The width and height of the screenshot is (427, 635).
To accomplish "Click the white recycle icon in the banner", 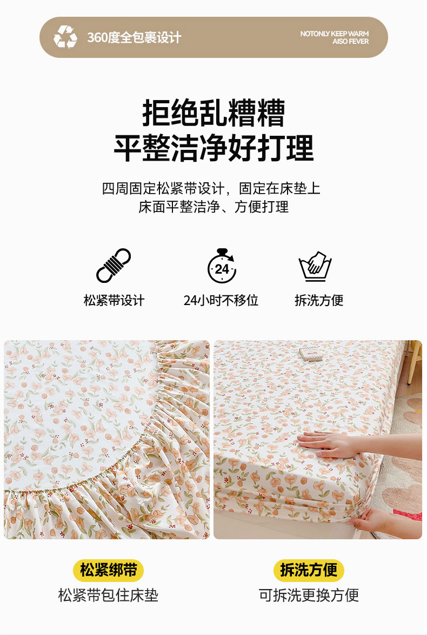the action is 65,37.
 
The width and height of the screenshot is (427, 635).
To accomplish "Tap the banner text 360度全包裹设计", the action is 135,38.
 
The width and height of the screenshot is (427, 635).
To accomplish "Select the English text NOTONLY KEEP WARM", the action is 335,34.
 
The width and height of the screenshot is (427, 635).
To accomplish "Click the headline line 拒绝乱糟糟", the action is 213,113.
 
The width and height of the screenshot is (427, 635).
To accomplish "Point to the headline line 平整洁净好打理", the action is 213,148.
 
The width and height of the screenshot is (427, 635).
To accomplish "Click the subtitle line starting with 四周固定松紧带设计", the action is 211,188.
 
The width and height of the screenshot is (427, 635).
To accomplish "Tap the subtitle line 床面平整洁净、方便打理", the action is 213,207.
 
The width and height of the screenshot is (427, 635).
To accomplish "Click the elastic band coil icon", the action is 114,265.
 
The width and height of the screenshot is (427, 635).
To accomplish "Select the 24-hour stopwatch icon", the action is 222,266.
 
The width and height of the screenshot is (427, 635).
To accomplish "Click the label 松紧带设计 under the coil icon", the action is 114,300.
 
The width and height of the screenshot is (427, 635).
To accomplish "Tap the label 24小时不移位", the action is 221,300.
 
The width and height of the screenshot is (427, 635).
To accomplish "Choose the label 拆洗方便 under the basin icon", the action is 319,300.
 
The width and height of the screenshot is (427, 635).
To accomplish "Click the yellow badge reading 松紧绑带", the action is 108,570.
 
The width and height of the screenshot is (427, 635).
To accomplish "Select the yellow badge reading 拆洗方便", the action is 309,570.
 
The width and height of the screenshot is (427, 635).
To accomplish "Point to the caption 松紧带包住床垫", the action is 108,596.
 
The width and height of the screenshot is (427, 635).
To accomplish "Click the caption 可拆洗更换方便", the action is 309,596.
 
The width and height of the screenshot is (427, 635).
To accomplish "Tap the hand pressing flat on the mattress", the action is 329,444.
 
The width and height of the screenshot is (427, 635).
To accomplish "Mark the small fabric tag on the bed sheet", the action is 311,353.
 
